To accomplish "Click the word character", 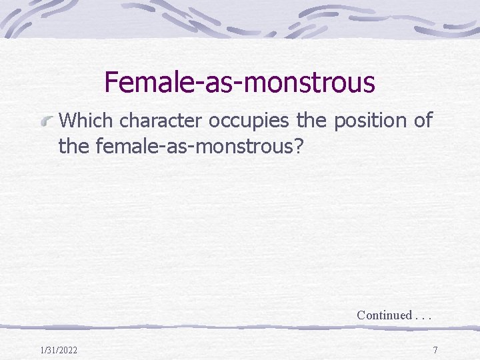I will coord(161,121).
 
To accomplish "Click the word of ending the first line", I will coord(422,121).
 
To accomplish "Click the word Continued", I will coord(384,315).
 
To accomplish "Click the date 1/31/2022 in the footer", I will coord(59,350).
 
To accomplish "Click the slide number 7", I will coord(435,350).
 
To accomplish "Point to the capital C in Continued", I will coord(361,315).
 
